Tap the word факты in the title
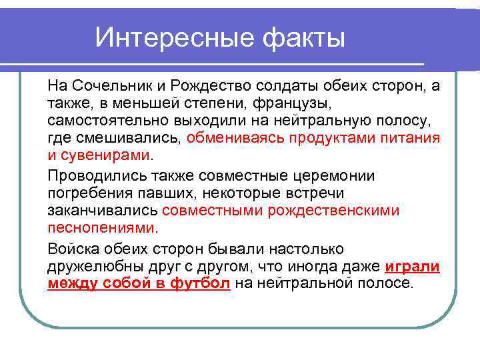click(303, 38)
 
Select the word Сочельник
click(110, 87)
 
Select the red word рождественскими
click(333, 211)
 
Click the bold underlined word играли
click(413, 266)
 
